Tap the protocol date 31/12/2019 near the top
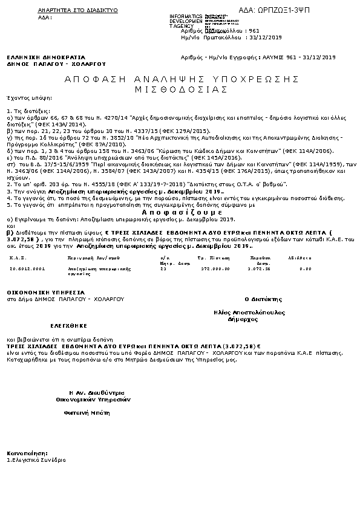(266, 37)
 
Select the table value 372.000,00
(215, 268)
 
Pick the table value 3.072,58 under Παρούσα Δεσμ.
(258, 268)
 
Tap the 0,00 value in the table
(305, 268)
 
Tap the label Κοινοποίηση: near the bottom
(27, 453)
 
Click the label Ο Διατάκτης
(263, 299)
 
